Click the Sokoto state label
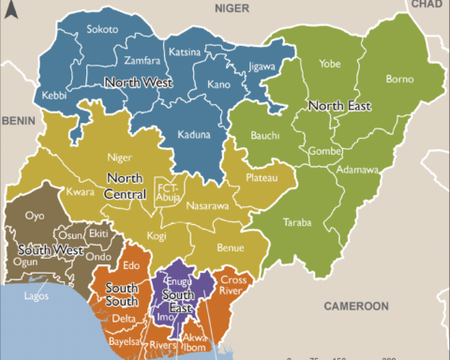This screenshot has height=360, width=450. (x=102, y=30)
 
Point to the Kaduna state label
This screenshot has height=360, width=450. (x=192, y=135)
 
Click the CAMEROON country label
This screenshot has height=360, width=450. (x=356, y=307)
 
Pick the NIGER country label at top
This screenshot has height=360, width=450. (x=234, y=7)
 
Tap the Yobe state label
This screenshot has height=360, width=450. (x=329, y=65)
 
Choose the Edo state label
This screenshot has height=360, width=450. (x=131, y=266)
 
